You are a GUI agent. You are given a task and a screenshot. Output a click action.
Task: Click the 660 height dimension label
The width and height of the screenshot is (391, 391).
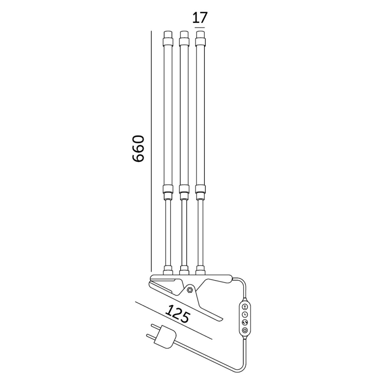[138, 148]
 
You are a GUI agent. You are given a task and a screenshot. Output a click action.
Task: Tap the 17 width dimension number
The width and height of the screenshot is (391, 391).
[200, 18]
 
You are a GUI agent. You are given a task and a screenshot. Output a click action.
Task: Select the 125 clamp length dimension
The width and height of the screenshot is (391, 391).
[177, 314]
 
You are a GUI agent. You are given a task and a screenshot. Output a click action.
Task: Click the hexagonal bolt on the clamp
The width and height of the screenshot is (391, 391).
[190, 289]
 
